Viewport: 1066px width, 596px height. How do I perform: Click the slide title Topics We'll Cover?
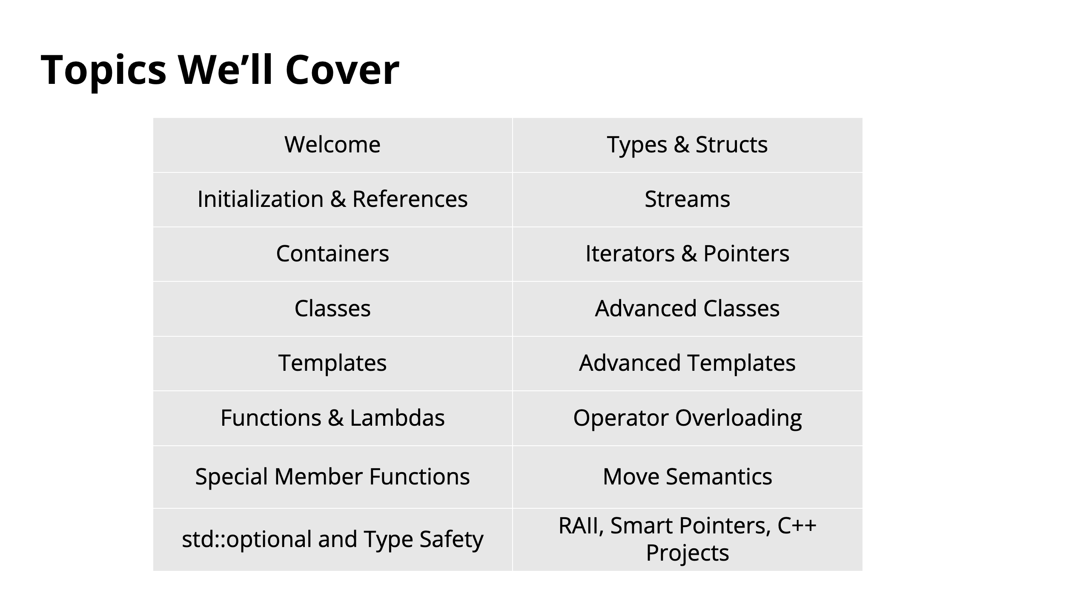pos(220,70)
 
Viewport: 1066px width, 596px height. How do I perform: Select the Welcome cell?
pos(332,145)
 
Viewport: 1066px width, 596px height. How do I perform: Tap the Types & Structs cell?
pos(688,145)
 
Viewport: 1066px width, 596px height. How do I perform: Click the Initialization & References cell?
pos(332,199)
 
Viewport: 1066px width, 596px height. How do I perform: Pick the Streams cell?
pos(688,199)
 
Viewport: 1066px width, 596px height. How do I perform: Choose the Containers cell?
pos(332,254)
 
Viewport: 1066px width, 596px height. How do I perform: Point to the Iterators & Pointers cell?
pos(688,254)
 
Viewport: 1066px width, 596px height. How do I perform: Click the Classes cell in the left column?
pos(332,309)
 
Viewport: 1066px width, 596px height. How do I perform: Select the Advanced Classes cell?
pos(688,309)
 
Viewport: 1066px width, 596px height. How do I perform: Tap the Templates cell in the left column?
pos(332,363)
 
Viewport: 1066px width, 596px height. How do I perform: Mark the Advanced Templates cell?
pos(688,363)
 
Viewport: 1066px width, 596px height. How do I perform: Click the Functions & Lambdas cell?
pos(332,418)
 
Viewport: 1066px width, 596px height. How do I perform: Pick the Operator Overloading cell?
pos(688,418)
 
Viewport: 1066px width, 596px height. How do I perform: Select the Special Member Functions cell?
pos(332,477)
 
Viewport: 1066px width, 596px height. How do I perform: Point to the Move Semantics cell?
pos(688,477)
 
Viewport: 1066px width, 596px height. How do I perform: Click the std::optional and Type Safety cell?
pos(332,539)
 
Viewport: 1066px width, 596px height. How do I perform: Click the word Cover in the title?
pos(342,70)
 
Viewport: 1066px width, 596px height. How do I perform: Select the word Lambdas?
pos(397,418)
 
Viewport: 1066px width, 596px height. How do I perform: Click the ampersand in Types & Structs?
pos(681,145)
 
